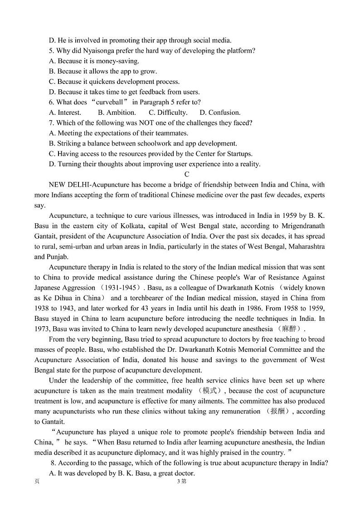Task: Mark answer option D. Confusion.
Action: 220,113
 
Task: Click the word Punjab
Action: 46,257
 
